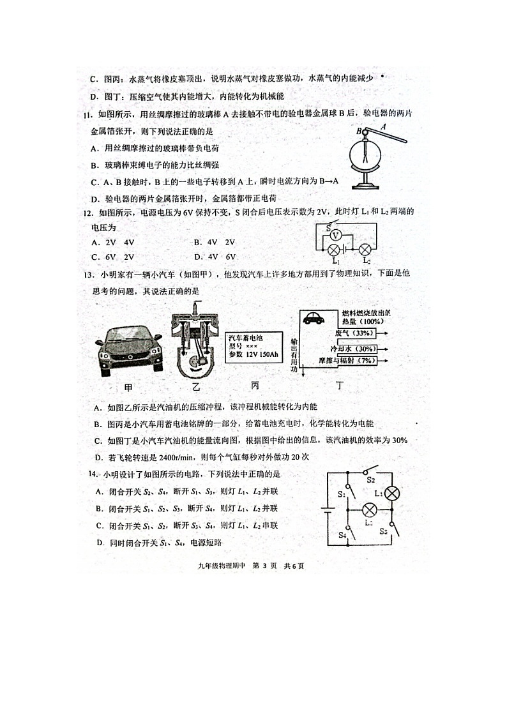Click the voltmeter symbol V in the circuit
click(342, 235)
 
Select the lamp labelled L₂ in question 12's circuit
click(365, 250)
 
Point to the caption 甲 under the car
click(128, 388)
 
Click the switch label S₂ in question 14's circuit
click(370, 479)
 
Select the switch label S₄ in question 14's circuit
click(343, 534)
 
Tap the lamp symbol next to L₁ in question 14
click(395, 494)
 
